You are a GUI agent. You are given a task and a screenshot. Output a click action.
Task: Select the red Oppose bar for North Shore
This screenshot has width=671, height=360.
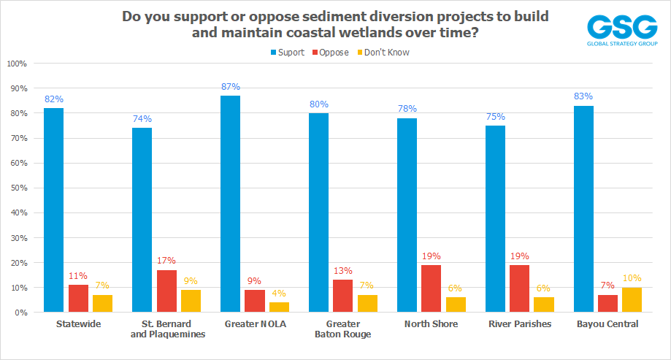pos(432,288)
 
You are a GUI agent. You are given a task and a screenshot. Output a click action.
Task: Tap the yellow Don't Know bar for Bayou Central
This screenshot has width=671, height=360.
pos(632,299)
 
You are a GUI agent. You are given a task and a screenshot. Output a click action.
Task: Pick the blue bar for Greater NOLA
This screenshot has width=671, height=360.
pos(230,204)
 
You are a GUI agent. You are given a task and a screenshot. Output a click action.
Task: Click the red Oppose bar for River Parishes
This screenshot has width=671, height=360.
pos(520,288)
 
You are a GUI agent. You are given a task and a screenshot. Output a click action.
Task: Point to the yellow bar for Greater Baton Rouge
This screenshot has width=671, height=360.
pos(367,303)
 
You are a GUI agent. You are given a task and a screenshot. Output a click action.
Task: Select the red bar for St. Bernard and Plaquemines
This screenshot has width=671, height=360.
pos(166,291)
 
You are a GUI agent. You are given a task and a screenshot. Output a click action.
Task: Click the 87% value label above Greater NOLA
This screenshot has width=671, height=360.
pos(230,87)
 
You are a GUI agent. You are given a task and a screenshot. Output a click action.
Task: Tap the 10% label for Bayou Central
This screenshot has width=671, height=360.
pos(632,277)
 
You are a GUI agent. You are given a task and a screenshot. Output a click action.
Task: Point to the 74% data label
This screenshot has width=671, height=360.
pos(142,119)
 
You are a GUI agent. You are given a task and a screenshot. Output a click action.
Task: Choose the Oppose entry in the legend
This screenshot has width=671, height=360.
pos(331,52)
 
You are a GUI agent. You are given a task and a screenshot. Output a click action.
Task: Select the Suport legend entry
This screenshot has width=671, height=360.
pos(287,52)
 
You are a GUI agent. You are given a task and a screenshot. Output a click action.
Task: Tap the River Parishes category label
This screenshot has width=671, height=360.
pos(519,323)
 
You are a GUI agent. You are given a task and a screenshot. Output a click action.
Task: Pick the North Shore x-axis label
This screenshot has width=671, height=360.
pos(431,323)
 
